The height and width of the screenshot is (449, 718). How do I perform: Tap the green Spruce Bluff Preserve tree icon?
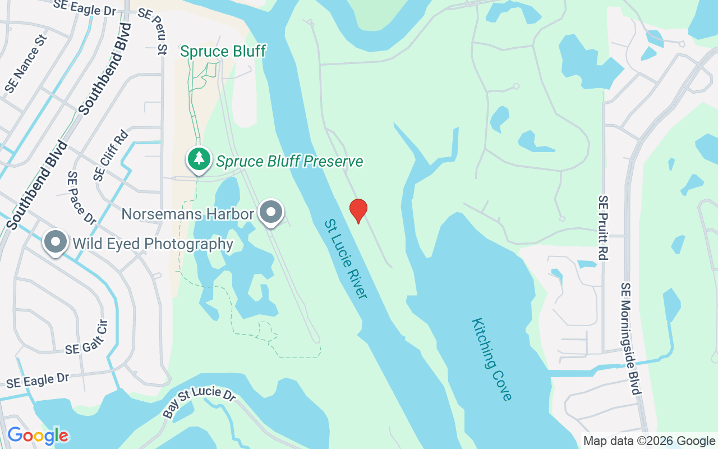(199, 159)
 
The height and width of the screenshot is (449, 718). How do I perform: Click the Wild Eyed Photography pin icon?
(56, 243)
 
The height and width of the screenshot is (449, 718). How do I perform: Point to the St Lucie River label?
(345, 258)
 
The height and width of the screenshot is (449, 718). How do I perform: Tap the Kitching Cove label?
(492, 359)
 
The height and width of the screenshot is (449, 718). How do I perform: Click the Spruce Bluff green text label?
(223, 52)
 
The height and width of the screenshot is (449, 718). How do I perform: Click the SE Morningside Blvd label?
(630, 338)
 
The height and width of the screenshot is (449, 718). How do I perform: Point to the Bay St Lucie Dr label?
(199, 401)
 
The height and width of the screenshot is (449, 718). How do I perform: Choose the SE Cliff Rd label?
(111, 155)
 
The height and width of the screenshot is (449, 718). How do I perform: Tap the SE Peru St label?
(152, 31)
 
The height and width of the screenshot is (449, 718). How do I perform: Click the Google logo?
(38, 436)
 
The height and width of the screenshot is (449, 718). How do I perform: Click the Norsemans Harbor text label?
(188, 214)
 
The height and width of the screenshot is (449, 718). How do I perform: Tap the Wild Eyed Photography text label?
(153, 244)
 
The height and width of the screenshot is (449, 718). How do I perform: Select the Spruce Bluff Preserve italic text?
(289, 162)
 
